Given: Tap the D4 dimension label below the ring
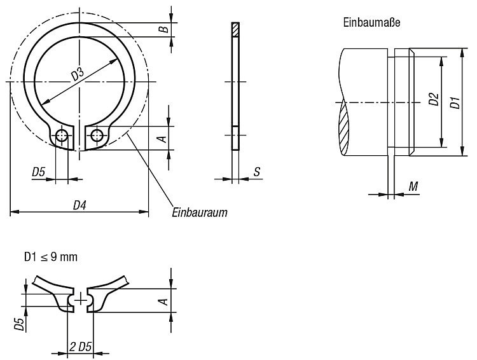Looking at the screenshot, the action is pos(79,205).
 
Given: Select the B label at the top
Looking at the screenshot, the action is pos(163,29).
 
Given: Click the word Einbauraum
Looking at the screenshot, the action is pos(200,212).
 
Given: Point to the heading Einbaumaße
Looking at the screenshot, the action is pos(371,22).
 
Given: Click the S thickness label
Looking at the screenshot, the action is pos(257,172).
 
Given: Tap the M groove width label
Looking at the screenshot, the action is pos(413,186).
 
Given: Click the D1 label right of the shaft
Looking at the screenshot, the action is pos(455,102).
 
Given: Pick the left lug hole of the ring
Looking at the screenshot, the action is pos(62,134).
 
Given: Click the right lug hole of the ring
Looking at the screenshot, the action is pos(97,134).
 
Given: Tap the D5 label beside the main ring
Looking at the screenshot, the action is pos(39,172).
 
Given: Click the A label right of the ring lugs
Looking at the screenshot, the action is pos(163,139).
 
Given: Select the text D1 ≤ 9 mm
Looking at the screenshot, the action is pos(51,257).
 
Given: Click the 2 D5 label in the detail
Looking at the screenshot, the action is pos(81,347).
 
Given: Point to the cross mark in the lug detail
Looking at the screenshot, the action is pos(81,299).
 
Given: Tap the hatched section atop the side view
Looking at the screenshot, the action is pos(235,29).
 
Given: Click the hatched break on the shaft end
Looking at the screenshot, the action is pos(343,128).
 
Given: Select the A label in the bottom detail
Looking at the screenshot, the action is pos(163,301).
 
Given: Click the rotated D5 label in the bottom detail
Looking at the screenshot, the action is pos(20,324).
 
